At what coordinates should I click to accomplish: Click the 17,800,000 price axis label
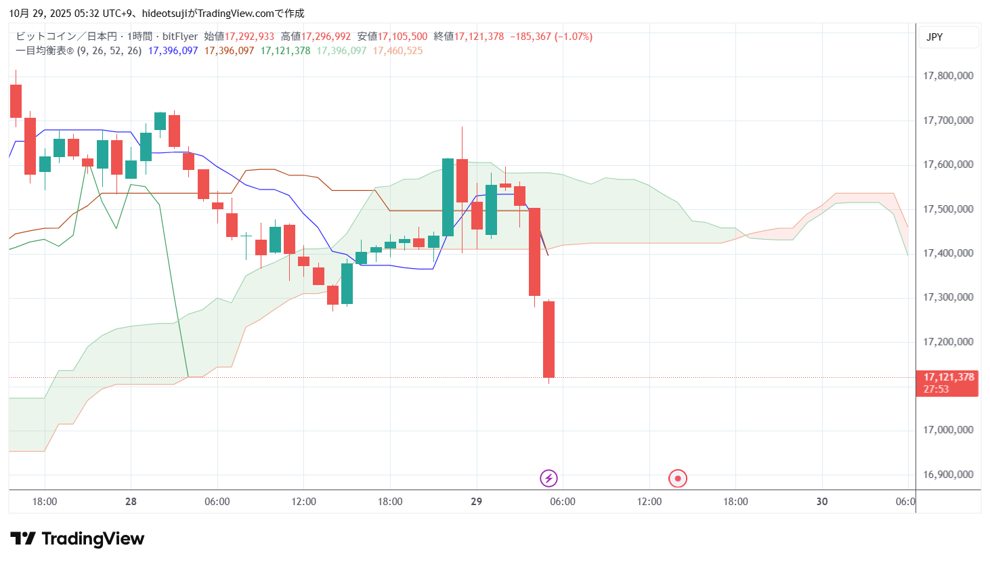tap(948, 76)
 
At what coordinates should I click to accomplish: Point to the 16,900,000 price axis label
tap(948, 475)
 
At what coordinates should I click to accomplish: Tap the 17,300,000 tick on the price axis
tap(948, 297)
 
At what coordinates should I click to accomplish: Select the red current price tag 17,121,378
tap(948, 377)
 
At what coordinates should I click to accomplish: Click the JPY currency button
tap(934, 37)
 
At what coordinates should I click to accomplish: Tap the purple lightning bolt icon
tap(548, 479)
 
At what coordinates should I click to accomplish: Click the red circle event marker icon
tap(678, 479)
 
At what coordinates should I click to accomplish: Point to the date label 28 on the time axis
tap(131, 502)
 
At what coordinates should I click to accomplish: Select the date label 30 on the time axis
tap(822, 502)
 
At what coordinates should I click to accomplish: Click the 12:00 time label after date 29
tap(649, 502)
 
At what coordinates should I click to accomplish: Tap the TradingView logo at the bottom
tap(77, 539)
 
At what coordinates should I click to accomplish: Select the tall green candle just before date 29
tap(448, 197)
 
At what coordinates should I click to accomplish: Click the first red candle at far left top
tap(16, 101)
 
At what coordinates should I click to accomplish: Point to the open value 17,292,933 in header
tap(249, 37)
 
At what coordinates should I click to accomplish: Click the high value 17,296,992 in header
tap(326, 37)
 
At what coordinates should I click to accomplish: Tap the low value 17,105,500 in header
tap(402, 37)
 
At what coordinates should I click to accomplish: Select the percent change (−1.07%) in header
tap(574, 37)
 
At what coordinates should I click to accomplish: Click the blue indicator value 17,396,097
tap(173, 51)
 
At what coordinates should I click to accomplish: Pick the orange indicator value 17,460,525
tap(397, 51)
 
